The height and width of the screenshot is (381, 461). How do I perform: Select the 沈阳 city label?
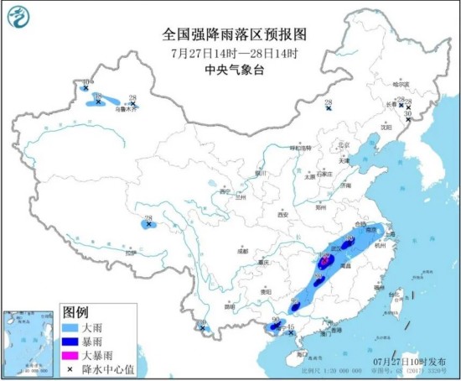(386, 127)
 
